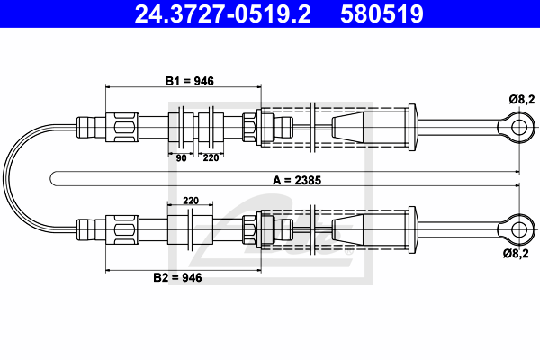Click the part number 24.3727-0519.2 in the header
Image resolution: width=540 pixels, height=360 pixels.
[x=223, y=13]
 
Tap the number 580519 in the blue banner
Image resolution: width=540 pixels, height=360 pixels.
[x=382, y=13]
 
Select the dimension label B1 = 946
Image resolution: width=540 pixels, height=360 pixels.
[x=189, y=81]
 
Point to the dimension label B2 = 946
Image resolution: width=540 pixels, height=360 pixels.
[x=177, y=277]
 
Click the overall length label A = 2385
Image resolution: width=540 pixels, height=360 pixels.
[x=297, y=180]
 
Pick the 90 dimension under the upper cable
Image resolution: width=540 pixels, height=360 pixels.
[x=181, y=158]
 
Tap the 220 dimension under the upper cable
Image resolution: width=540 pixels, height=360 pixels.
[x=211, y=157]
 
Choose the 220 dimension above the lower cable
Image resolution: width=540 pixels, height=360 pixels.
[x=191, y=201]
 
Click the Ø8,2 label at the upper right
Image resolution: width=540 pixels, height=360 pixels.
[x=522, y=100]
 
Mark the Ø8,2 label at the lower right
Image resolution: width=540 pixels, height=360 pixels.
[x=516, y=254]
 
